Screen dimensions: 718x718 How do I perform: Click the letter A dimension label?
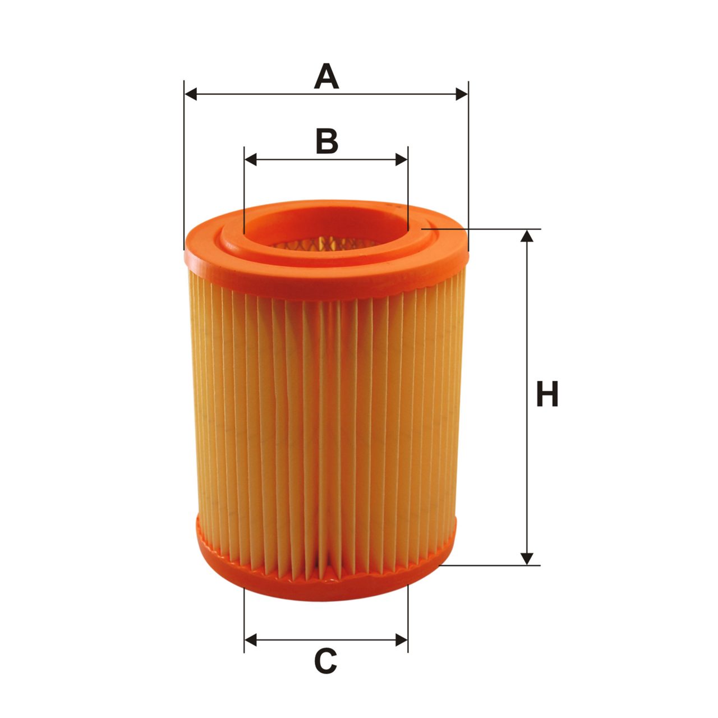coord(326,76)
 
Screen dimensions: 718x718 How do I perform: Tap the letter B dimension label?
coord(327,141)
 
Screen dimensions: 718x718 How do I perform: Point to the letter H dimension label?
coord(547,393)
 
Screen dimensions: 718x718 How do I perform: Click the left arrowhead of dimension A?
coord(191,94)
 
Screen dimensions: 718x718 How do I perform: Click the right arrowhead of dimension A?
coord(462,94)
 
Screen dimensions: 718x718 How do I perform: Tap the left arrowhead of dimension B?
coord(250,159)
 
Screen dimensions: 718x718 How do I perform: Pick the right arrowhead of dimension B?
coord(401,159)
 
